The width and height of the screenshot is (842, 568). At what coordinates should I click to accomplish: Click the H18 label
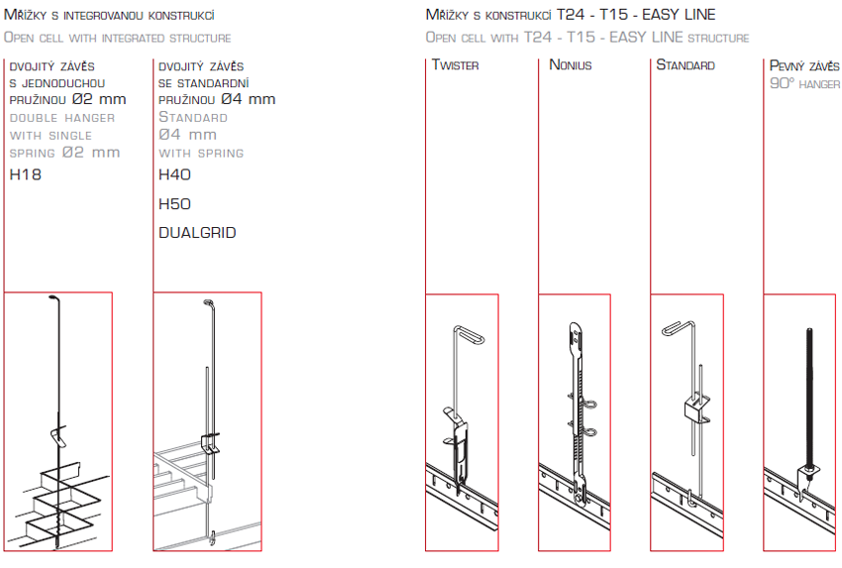[x=25, y=174]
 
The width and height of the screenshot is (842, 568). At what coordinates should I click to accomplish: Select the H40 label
[x=174, y=174]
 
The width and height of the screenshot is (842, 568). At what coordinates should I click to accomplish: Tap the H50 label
[x=174, y=204]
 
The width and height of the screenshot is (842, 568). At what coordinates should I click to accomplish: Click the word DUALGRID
[x=197, y=233]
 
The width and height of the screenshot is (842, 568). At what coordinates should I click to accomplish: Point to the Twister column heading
[x=456, y=65]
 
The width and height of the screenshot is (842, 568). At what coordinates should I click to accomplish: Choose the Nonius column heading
[x=571, y=65]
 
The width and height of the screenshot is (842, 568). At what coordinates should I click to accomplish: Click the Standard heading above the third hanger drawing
[x=685, y=65]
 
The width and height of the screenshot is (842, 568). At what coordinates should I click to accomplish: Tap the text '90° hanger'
[x=804, y=84]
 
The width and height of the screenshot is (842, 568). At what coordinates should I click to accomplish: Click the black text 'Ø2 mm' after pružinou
[x=99, y=99]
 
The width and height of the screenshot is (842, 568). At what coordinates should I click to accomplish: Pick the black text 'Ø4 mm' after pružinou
[x=248, y=99]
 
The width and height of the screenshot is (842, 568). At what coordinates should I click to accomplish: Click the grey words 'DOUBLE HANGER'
[x=62, y=118]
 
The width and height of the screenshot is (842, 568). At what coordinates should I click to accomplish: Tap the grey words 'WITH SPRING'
[x=201, y=154]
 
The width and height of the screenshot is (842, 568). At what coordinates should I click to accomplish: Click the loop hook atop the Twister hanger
[x=470, y=333]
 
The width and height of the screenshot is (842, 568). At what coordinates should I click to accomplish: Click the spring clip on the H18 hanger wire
[x=58, y=435]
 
